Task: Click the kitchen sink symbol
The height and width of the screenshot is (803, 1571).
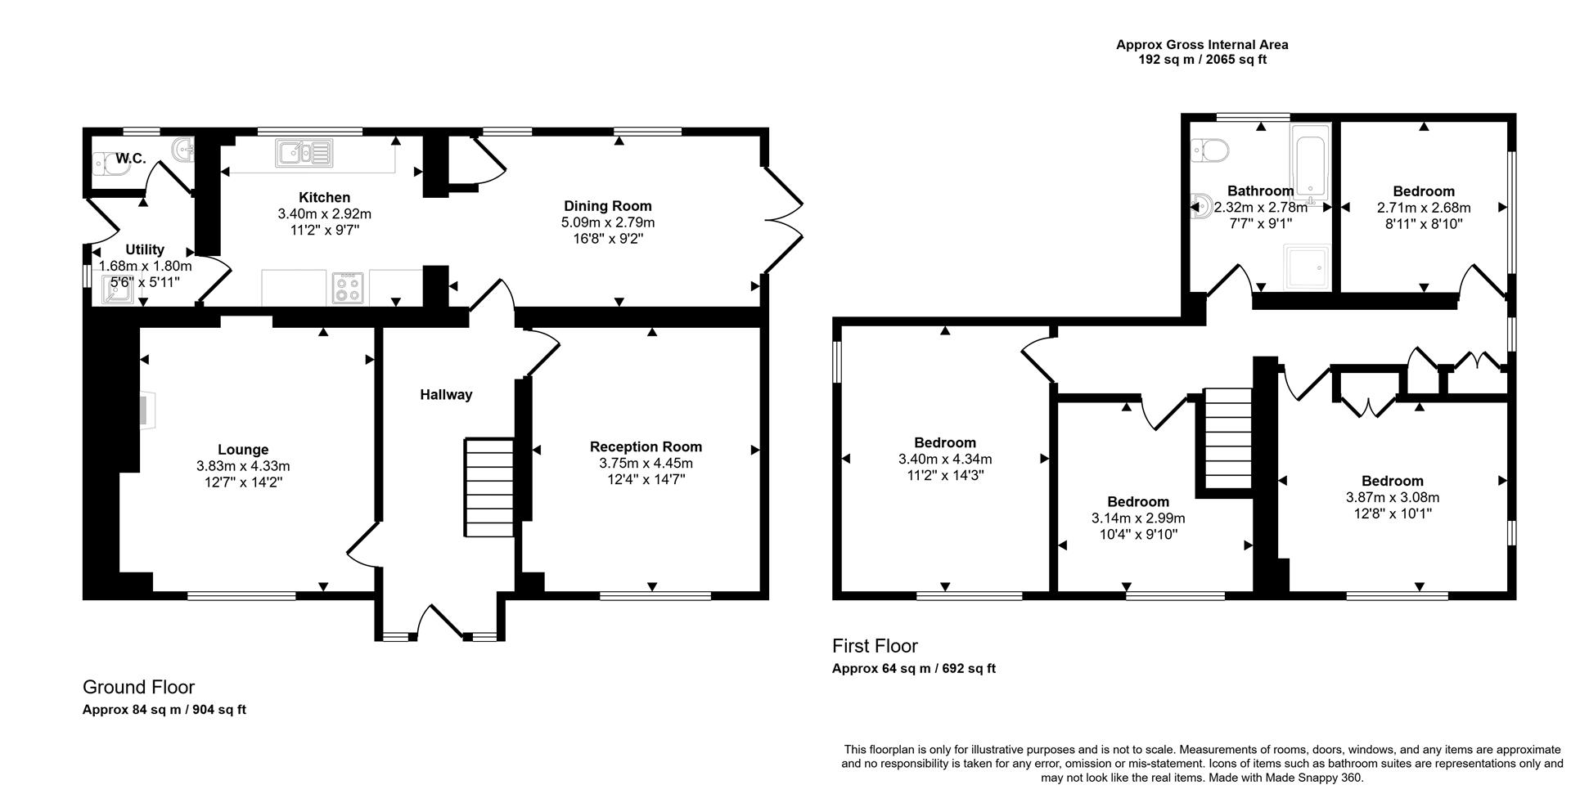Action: [305, 153]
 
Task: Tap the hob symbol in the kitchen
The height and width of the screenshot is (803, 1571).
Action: [347, 287]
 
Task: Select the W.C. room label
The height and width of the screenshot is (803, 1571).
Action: [131, 159]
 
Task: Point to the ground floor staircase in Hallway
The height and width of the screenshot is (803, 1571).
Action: [489, 487]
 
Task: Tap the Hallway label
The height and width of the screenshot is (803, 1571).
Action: [446, 395]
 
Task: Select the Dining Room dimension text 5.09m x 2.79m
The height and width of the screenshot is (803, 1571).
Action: [607, 222]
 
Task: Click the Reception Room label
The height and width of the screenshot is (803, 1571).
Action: [646, 446]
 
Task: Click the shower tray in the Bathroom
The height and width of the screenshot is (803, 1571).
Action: [1308, 267]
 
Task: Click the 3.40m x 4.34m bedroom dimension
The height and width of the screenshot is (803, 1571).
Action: [945, 460]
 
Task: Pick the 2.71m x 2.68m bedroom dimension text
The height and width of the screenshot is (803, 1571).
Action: [1424, 208]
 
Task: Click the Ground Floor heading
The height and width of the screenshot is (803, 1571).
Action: [138, 687]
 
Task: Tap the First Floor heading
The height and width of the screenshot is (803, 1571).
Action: [875, 646]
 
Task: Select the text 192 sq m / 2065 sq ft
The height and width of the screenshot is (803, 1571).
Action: [1202, 60]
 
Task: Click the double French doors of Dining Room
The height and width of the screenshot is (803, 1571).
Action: [784, 221]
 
